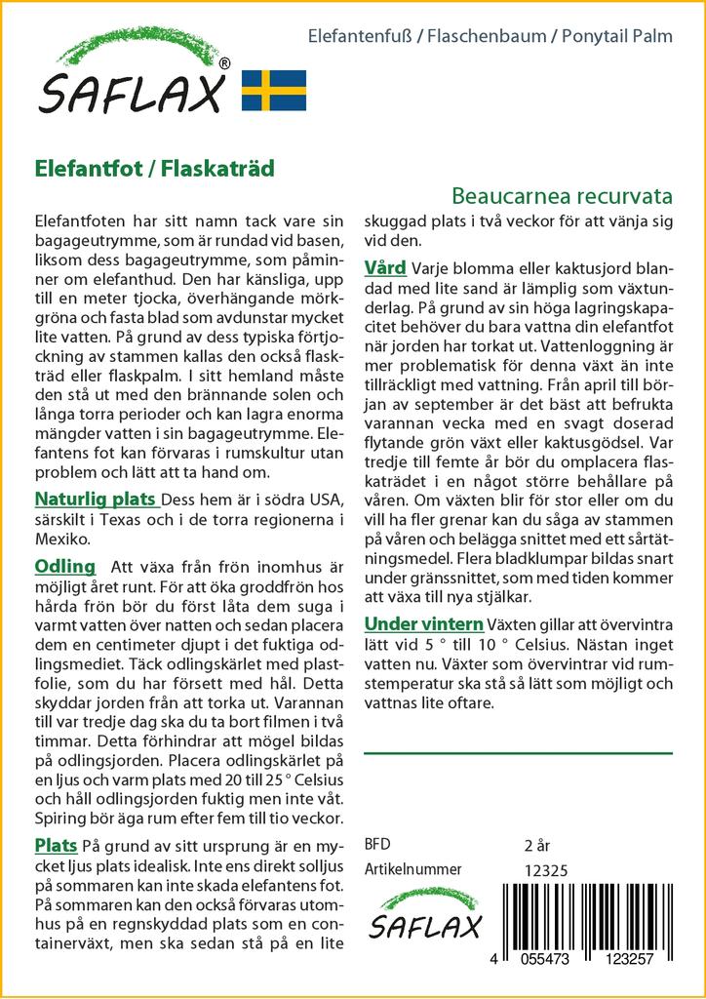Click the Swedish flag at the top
point(273,90)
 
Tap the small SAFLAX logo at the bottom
point(423,918)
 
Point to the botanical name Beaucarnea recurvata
point(563,195)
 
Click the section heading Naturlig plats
point(97,499)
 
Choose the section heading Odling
point(64,567)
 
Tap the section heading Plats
point(56,845)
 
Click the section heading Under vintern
point(423,624)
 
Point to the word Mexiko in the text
point(63,539)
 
